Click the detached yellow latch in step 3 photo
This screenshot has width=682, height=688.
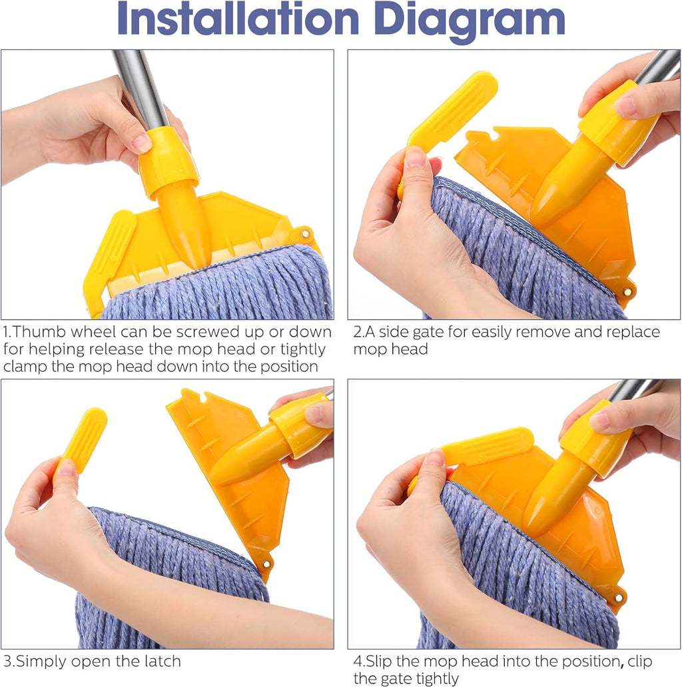click(x=82, y=440)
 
